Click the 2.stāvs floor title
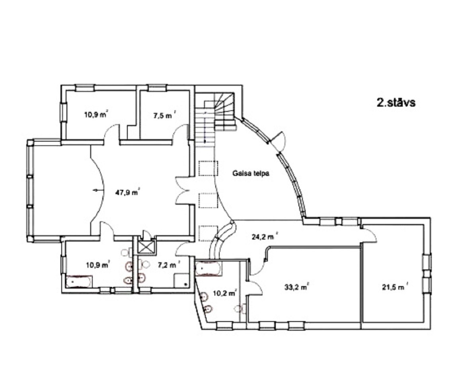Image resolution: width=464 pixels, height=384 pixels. tap(396, 102)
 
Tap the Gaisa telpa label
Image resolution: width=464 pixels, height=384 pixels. tap(251, 173)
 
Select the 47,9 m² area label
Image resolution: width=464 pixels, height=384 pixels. tap(127, 193)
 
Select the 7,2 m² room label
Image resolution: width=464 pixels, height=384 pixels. tap(169, 265)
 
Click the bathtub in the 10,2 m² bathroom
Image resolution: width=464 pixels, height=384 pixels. tap(209, 269)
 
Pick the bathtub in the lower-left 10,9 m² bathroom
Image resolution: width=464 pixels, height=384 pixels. tap(79, 281)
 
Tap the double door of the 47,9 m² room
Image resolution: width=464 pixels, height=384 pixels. tap(182, 191)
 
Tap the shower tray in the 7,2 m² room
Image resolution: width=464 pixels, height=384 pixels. tap(181, 280)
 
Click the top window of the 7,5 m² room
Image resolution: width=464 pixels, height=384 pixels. tap(158, 88)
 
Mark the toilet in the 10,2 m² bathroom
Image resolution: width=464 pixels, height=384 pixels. tap(240, 308)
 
